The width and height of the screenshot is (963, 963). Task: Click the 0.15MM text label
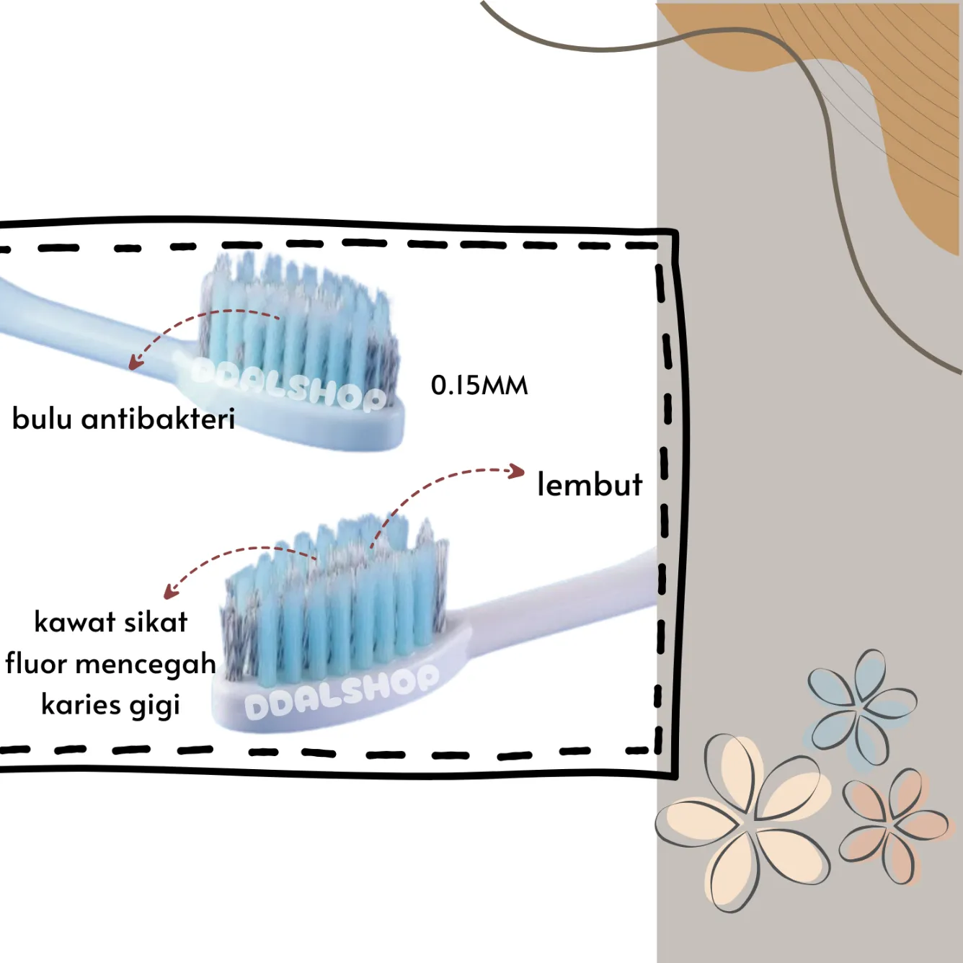(479, 386)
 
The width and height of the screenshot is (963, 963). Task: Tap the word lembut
(590, 484)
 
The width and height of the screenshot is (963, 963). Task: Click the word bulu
(42, 418)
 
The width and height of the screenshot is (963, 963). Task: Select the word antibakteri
(159, 418)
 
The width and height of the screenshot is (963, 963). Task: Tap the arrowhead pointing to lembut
(517, 471)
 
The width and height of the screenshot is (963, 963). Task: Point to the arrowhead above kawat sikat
(170, 593)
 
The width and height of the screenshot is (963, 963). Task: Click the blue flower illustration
(861, 706)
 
